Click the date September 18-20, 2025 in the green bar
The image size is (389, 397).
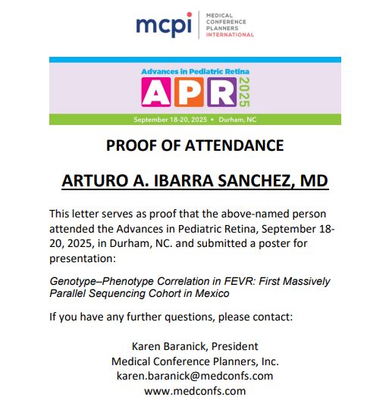coord(170,120)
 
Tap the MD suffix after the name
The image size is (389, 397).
coord(313,181)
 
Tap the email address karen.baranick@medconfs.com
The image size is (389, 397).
coord(194,375)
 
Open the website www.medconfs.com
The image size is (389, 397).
coord(195,390)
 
